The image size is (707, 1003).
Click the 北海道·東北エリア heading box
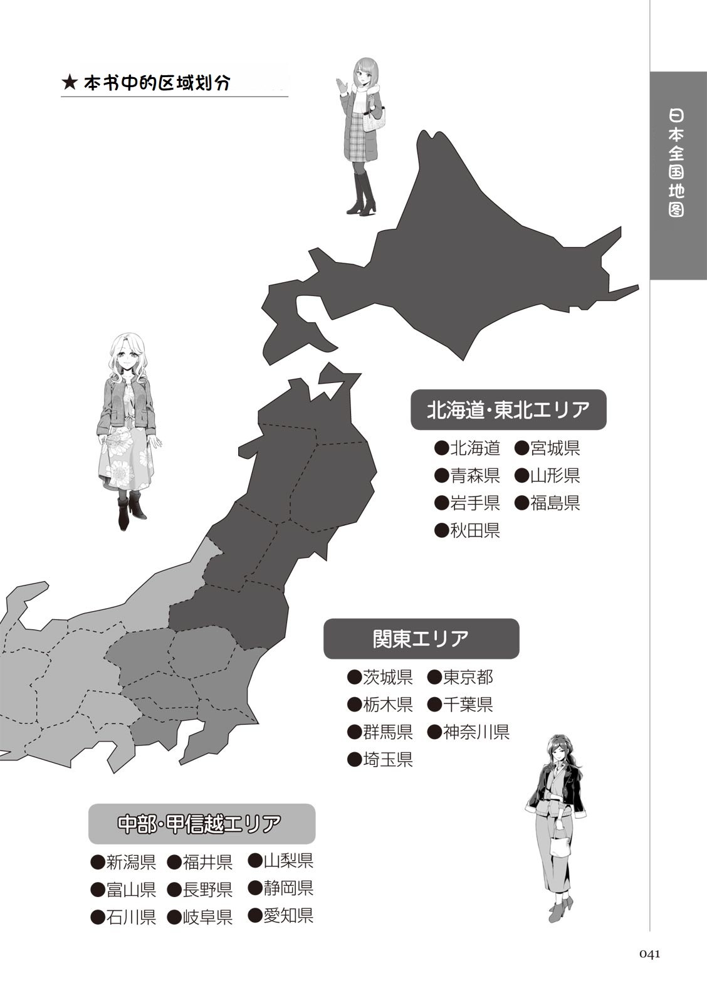(508, 410)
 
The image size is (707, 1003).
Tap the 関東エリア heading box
(421, 639)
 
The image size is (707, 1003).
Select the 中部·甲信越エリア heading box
(201, 824)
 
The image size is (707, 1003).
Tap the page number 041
(650, 954)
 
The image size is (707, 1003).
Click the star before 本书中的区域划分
(70, 83)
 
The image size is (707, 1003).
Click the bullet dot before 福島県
(521, 503)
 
